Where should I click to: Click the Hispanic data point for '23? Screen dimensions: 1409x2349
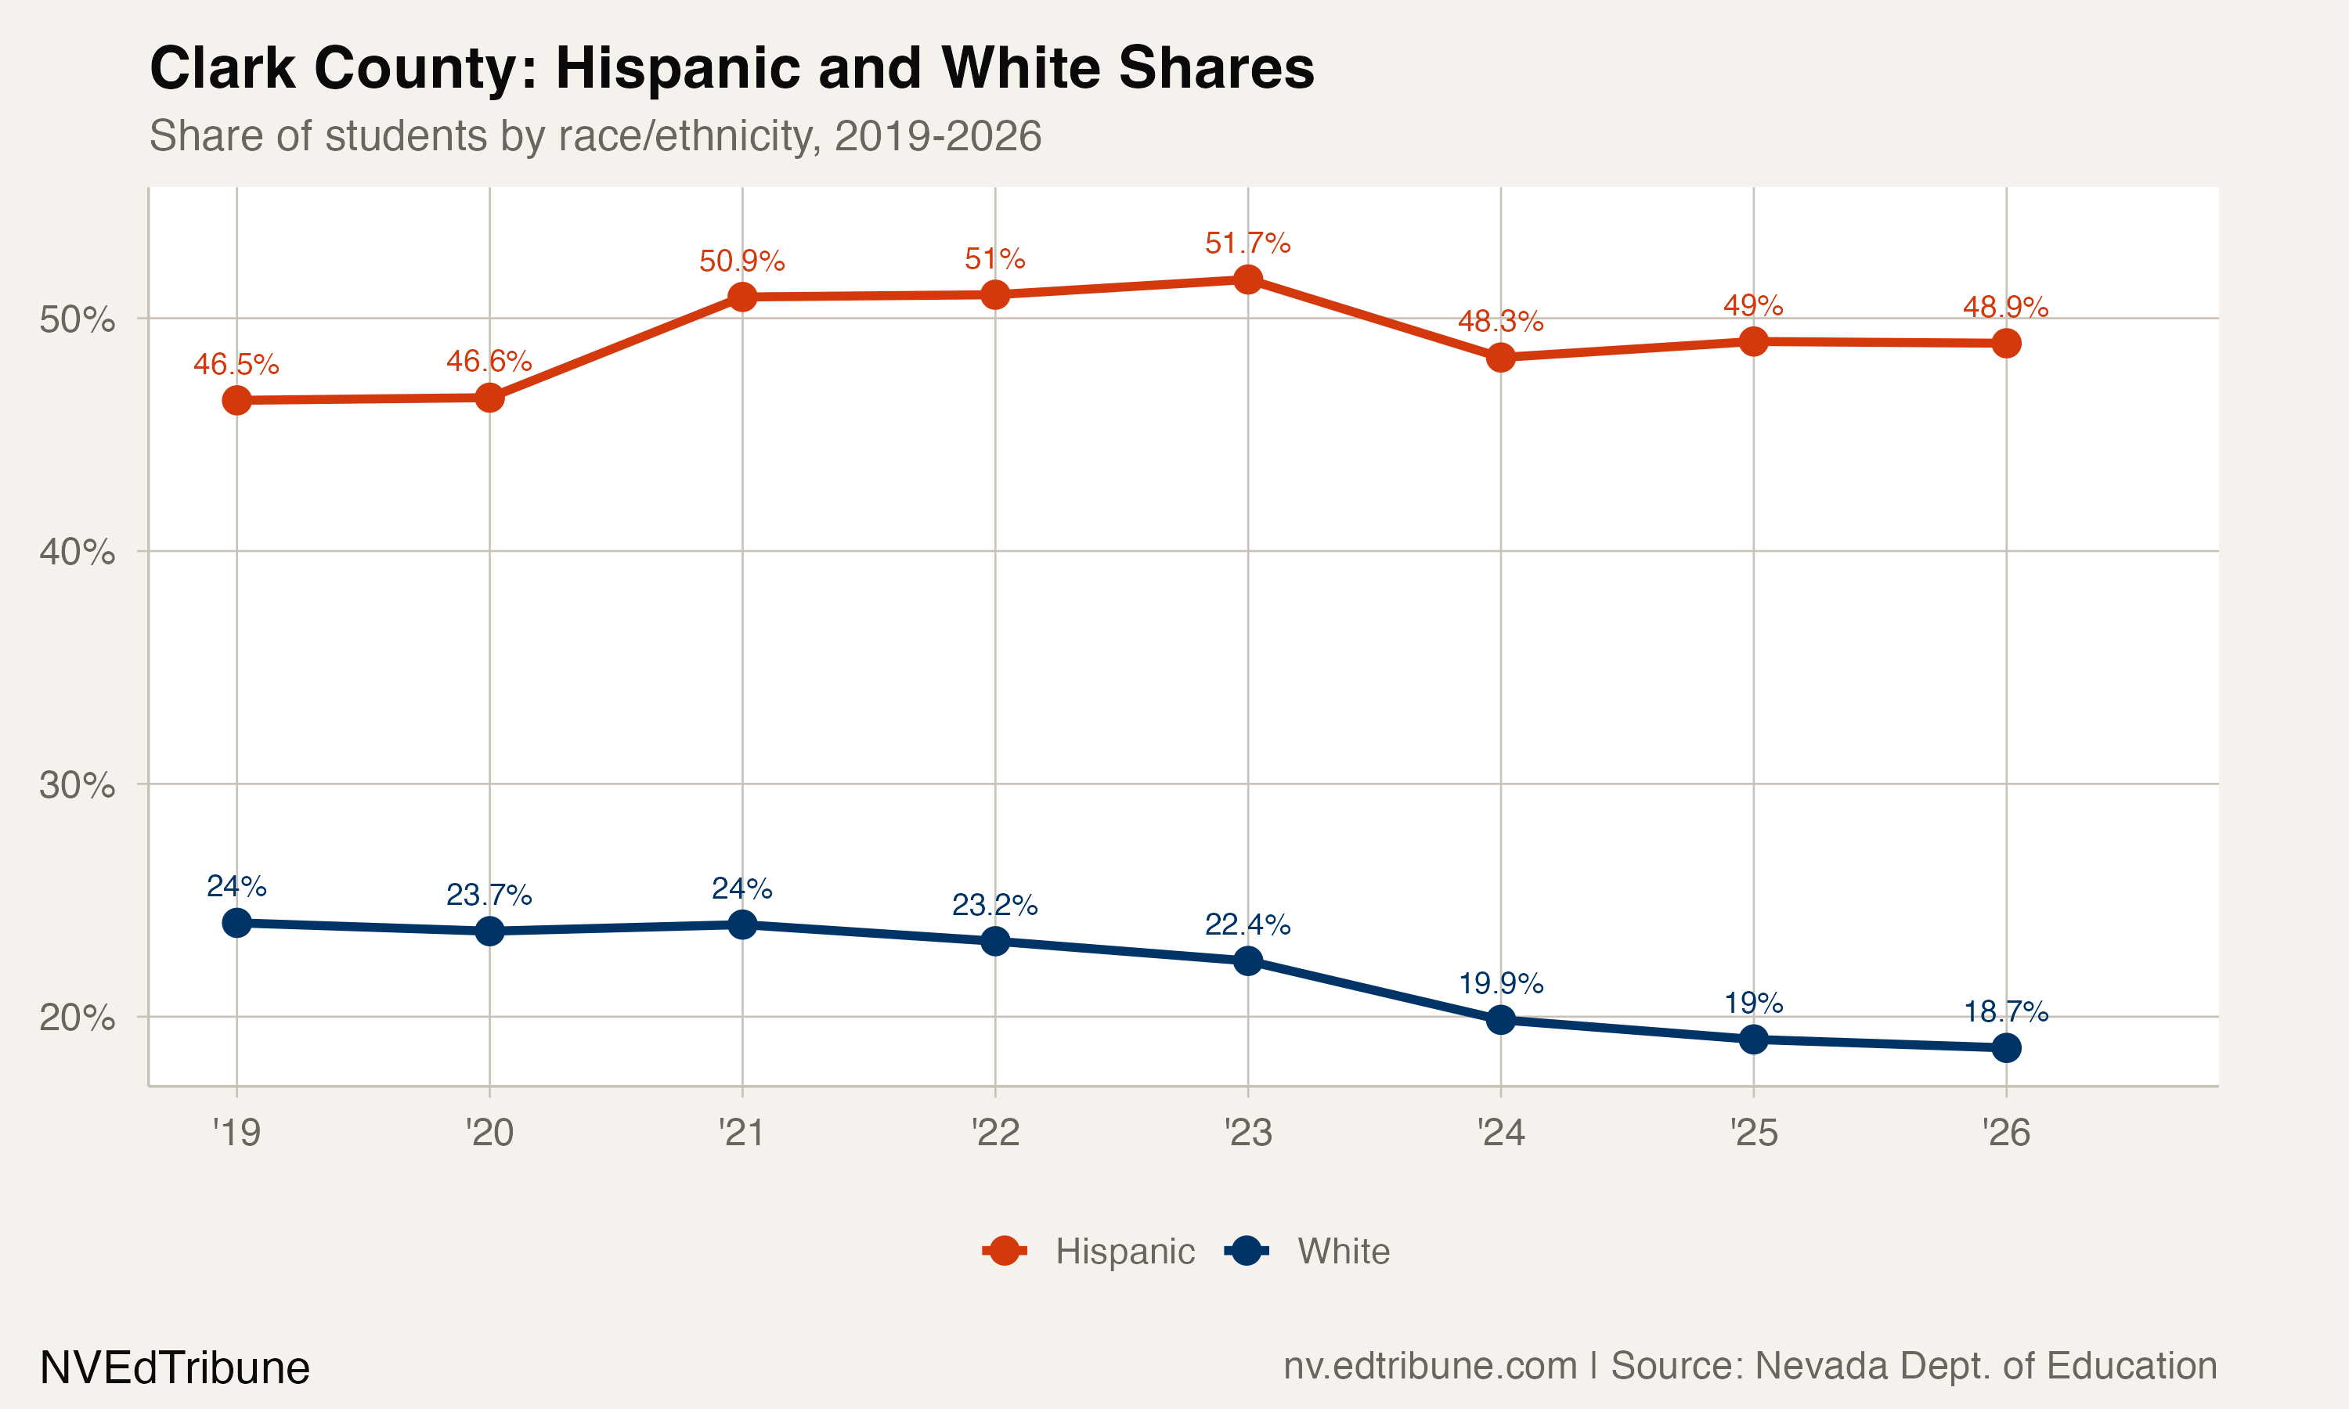coord(1247,279)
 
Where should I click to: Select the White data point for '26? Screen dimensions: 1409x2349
coord(2006,1047)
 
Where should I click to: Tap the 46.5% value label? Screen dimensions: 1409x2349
coord(236,365)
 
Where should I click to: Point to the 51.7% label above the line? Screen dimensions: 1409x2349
coord(1247,243)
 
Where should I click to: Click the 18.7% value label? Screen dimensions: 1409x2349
coord(2006,1012)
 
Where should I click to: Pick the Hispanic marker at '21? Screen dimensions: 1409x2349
coord(742,297)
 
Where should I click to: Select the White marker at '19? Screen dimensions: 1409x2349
coord(236,923)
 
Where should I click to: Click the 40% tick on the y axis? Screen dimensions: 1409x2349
coord(77,552)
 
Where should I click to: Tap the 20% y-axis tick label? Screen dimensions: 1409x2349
coord(77,1018)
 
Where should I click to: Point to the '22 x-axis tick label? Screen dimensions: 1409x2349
coord(995,1133)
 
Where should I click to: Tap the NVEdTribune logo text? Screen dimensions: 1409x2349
coord(175,1368)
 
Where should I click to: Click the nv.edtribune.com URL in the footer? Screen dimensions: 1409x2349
coord(1430,1366)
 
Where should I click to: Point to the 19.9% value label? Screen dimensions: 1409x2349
coord(1501,984)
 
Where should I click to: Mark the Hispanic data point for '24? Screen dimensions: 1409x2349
coord(1501,357)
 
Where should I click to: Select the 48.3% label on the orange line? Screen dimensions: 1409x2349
coord(1501,322)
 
